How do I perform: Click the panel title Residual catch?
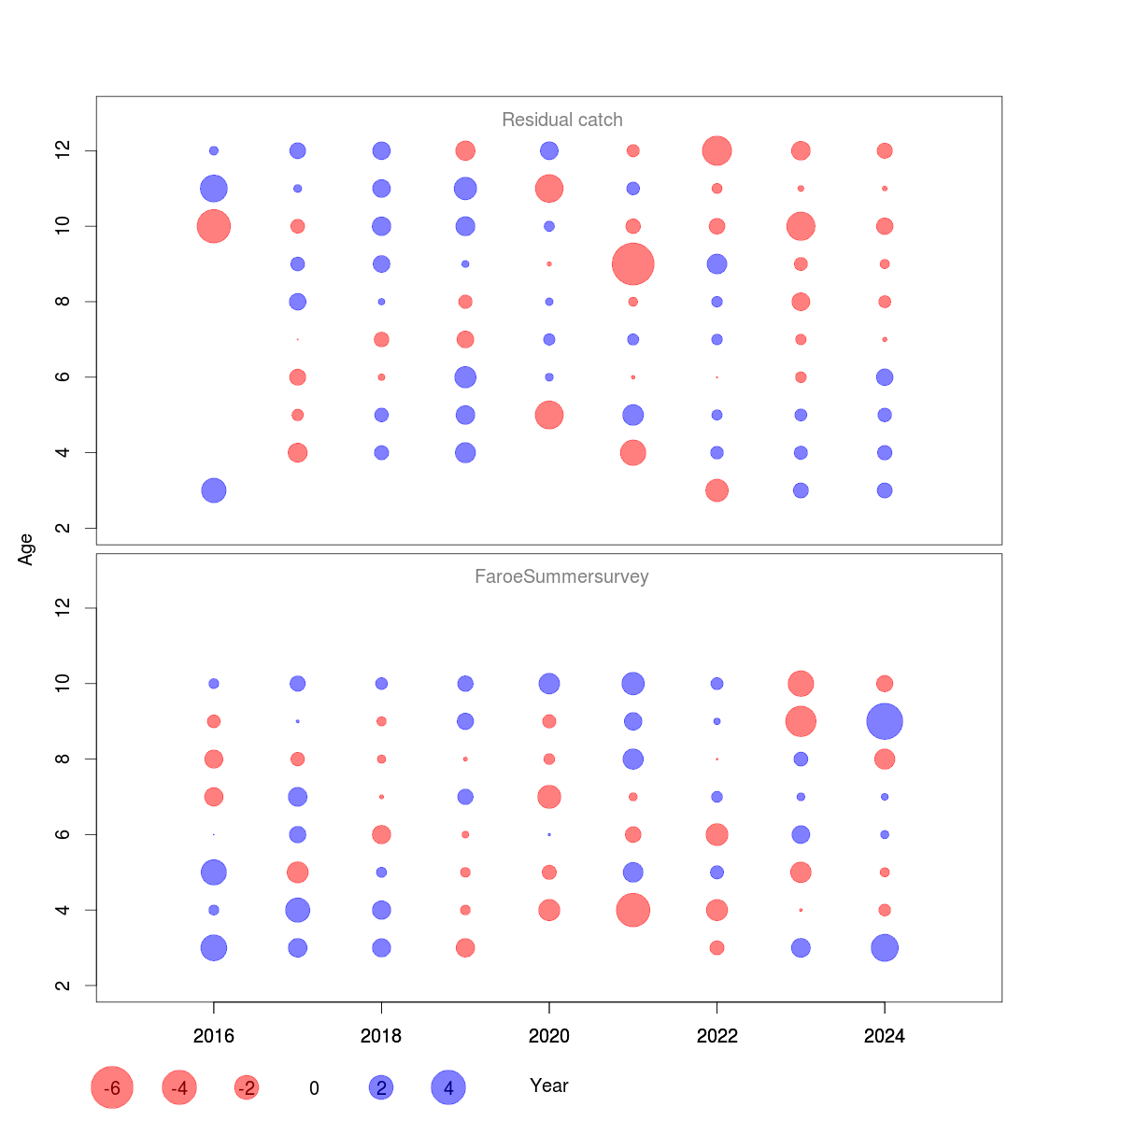561,120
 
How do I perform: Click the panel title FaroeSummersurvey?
561,576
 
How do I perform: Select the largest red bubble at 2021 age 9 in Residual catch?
632,264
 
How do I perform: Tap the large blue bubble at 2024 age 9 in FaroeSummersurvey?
884,721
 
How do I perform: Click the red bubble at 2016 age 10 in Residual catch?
214,226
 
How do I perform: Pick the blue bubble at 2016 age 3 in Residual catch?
214,490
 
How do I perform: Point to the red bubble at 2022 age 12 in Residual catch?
717,150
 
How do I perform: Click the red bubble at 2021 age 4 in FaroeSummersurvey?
632,910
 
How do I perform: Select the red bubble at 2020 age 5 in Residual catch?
549,415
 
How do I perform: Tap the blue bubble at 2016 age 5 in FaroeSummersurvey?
214,873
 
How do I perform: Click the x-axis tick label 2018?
381,1036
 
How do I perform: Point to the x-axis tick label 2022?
717,1036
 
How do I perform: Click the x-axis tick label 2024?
884,1036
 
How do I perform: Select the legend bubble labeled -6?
112,1087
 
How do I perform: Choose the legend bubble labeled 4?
448,1087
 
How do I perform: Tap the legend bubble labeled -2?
247,1087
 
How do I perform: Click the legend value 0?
314,1088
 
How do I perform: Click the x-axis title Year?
549,1086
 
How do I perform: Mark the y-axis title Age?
26,549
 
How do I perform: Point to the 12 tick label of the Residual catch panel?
64,150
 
